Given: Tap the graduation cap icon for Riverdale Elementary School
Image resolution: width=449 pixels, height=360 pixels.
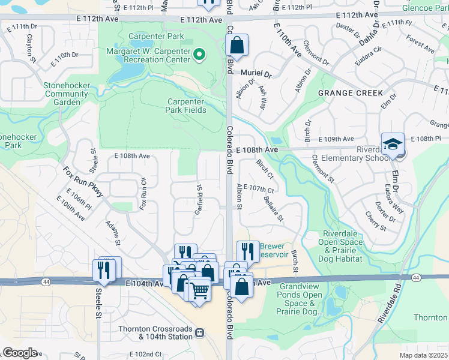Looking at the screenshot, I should (x=393, y=145).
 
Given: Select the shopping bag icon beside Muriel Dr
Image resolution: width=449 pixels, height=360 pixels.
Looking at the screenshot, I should (x=237, y=45).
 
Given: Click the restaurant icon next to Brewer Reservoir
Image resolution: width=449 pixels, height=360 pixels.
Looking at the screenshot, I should (x=248, y=251).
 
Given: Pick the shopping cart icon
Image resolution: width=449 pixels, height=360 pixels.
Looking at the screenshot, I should (x=199, y=290).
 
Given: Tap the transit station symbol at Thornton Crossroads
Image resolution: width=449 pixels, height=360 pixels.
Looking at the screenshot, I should (x=199, y=332).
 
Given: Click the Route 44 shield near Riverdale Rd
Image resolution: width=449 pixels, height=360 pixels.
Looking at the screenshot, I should (x=416, y=278).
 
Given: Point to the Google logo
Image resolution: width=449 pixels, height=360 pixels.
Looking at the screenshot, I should (x=20, y=353).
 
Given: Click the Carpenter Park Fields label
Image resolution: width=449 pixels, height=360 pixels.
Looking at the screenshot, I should (x=186, y=106).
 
